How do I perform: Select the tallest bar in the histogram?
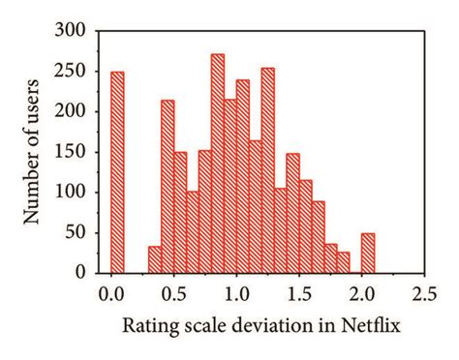point(217,165)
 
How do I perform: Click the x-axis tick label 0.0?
point(111,289)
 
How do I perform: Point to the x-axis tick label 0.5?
point(174,289)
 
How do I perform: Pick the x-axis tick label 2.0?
point(361,289)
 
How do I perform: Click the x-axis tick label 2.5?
point(423,289)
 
